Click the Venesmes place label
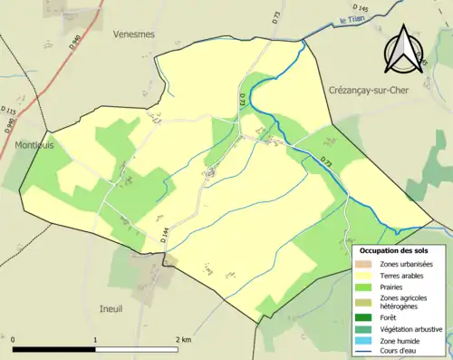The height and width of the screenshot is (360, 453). point(133,34)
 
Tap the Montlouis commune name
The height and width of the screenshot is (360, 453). point(34,144)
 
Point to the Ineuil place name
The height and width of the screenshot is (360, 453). point(110,309)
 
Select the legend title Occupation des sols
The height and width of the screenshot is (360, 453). point(400,250)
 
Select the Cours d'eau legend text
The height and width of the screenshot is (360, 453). point(401,350)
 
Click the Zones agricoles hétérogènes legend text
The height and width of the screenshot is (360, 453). point(404,301)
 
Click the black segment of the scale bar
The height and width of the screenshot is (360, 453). point(53,349)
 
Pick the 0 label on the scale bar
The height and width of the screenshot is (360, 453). point(14,339)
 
